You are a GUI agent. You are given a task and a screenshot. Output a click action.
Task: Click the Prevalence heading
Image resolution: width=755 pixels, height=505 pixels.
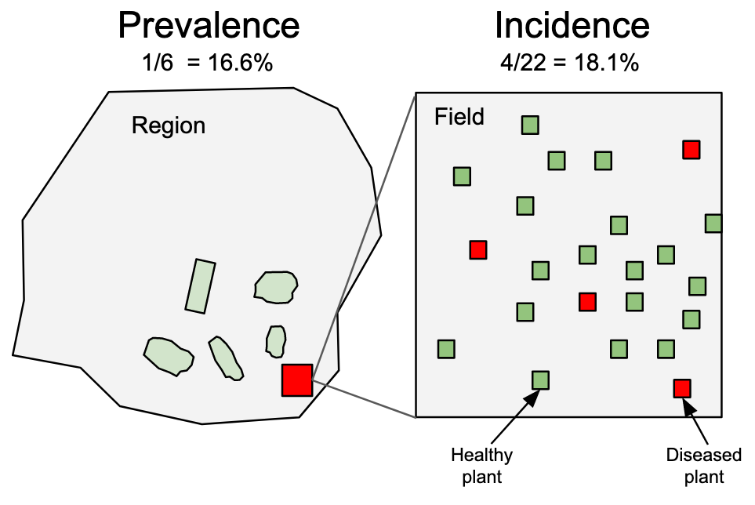208,26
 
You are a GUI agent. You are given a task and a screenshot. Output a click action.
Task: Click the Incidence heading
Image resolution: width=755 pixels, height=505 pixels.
572,26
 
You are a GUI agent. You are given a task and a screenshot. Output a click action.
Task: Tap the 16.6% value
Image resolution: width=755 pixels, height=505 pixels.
240,64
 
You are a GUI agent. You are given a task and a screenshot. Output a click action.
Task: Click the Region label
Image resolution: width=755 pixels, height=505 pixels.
168,125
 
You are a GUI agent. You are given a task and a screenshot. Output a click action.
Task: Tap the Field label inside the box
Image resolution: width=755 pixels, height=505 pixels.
459,118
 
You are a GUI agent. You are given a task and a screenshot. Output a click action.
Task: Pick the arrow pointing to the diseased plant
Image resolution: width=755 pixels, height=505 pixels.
698,423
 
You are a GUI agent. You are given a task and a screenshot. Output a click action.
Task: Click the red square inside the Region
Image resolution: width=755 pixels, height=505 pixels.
297,380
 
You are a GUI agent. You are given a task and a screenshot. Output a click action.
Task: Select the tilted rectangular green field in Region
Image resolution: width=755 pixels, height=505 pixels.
200,286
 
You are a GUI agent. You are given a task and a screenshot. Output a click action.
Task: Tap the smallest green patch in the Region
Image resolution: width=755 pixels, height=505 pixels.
275,340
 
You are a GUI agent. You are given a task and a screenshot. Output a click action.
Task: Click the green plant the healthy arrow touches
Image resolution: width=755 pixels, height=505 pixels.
541,380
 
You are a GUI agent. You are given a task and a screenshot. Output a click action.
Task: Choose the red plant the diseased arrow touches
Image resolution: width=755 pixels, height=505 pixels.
682,387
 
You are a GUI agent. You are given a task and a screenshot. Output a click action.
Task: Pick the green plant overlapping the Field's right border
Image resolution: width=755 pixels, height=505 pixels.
713,223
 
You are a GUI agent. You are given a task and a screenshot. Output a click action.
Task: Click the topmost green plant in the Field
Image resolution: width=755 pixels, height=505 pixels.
531,125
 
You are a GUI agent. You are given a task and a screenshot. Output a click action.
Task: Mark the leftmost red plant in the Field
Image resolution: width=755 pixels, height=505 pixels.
478,249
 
